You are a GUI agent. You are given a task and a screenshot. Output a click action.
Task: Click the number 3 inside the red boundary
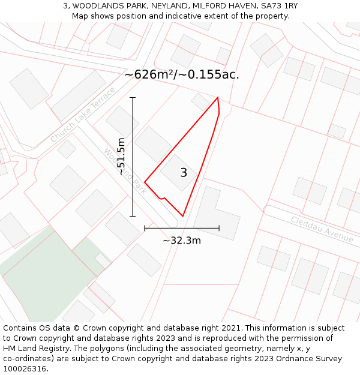click(184, 173)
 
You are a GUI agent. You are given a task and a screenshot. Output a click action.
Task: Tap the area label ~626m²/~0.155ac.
click(182, 74)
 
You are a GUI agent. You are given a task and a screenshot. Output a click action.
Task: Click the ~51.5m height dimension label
click(121, 156)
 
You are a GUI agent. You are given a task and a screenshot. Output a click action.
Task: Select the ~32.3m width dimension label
click(181, 241)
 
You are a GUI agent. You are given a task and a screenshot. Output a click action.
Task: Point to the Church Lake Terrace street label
click(82, 116)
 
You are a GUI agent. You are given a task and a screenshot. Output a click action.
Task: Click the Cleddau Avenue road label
click(322, 229)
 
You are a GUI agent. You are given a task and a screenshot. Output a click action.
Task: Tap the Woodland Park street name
click(124, 171)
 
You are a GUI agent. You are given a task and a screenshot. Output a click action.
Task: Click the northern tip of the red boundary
click(217, 97)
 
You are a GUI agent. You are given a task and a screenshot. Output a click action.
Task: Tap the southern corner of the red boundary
click(182, 216)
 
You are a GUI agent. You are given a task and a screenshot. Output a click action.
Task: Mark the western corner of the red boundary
click(145, 182)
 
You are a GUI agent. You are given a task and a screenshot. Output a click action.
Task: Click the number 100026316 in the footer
click(25, 369)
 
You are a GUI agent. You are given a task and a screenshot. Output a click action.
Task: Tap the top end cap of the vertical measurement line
click(133, 97)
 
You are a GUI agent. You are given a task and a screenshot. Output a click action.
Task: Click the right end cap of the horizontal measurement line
click(219, 228)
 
